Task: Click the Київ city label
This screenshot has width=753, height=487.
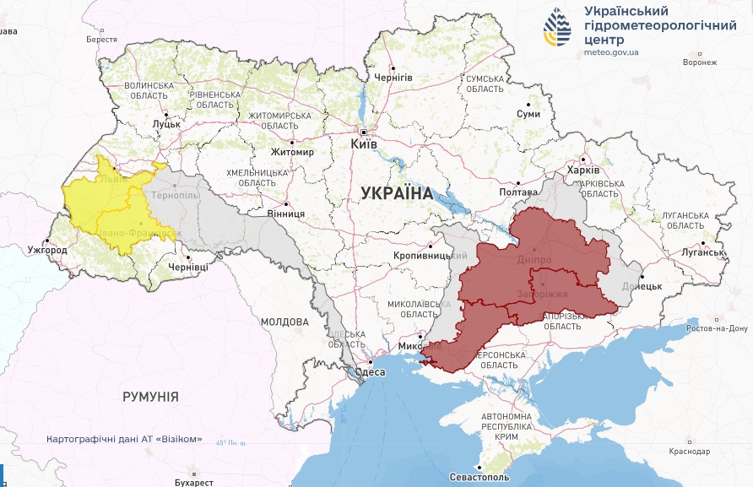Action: pyautogui.click(x=363, y=145)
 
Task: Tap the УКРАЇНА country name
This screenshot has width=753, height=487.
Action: pyautogui.click(x=397, y=192)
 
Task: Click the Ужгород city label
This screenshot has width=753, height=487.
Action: pyautogui.click(x=46, y=251)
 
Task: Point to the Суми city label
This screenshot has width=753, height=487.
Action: pyautogui.click(x=528, y=114)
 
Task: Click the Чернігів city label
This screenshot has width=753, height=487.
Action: pyautogui.click(x=393, y=78)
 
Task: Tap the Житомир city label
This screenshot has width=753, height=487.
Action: pyautogui.click(x=292, y=152)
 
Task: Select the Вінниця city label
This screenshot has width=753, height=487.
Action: pyautogui.click(x=285, y=214)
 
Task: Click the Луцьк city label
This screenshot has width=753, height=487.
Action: pyautogui.click(x=166, y=124)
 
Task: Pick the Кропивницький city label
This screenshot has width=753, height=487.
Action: pyautogui.click(x=431, y=255)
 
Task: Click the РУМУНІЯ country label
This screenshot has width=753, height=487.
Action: pyautogui.click(x=150, y=397)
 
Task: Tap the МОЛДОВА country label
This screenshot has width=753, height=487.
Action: pyautogui.click(x=284, y=322)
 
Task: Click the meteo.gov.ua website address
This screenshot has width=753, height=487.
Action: pyautogui.click(x=611, y=51)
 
